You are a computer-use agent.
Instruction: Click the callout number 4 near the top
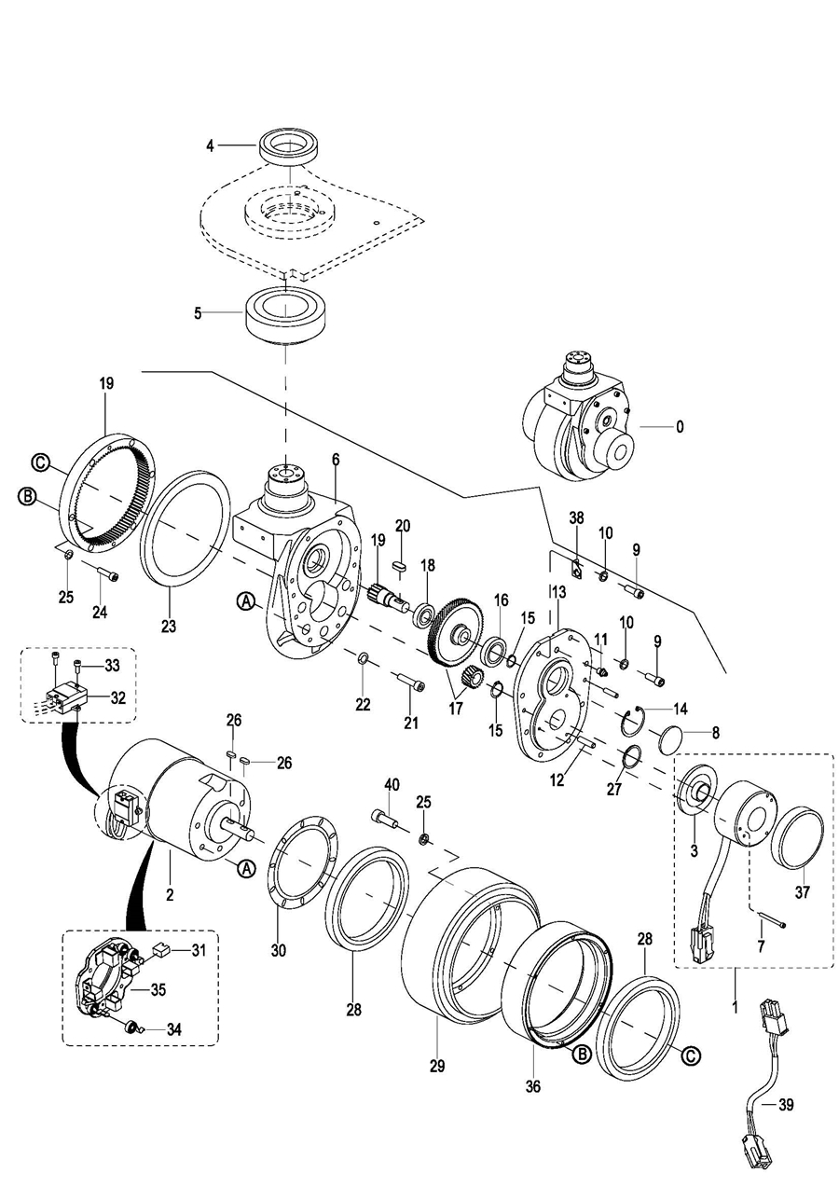coord(210,145)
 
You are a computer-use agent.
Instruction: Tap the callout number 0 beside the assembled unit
coord(680,426)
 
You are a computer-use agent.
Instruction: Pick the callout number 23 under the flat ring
coord(168,627)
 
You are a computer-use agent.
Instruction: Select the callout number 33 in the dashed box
coord(112,665)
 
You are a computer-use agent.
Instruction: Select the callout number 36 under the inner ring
coord(533,1085)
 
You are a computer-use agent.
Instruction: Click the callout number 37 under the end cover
coord(803,891)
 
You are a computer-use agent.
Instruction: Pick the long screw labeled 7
coord(771,923)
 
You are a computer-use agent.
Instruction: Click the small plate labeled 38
coord(576,565)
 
